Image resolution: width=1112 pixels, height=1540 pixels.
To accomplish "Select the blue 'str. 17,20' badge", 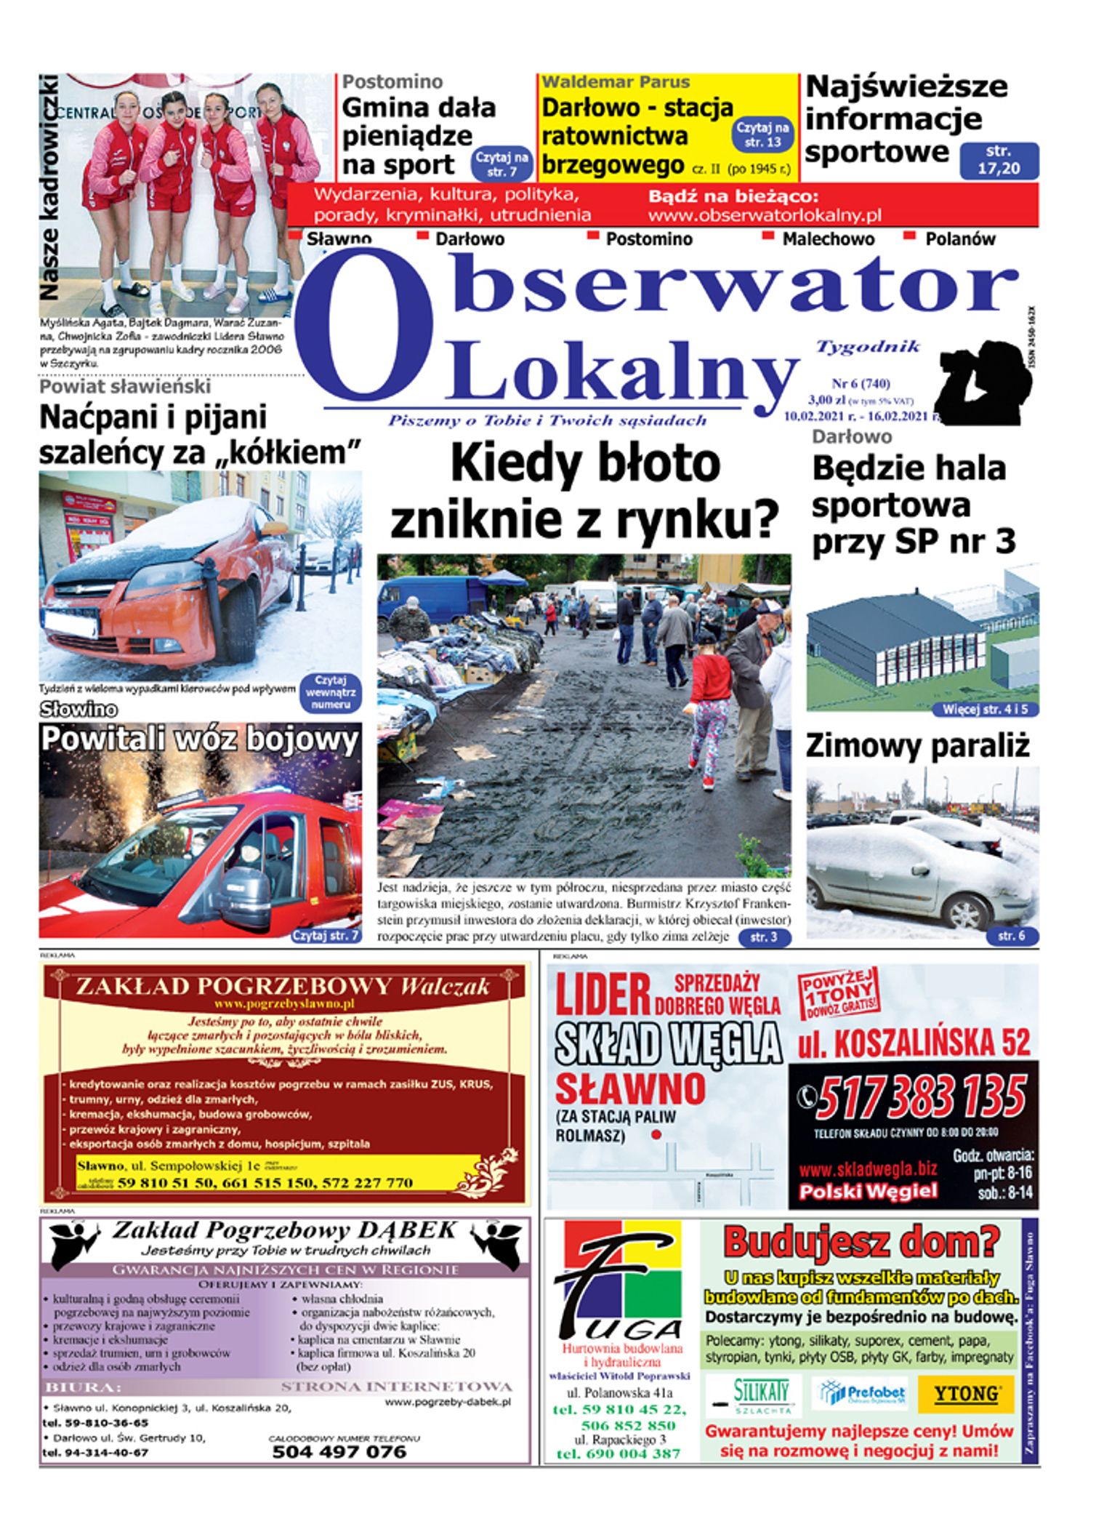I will click(999, 161).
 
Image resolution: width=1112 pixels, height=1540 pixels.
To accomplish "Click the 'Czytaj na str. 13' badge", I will click(762, 135).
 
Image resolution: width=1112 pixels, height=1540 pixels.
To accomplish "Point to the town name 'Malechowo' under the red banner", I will click(828, 239).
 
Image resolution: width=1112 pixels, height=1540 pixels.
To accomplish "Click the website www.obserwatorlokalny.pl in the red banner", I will click(764, 215).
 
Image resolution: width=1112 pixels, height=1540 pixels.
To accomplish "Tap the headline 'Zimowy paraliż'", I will click(917, 746).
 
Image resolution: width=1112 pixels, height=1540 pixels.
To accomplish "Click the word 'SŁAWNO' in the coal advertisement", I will click(630, 1088).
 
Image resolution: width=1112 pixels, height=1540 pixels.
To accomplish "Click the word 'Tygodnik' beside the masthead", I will click(868, 346).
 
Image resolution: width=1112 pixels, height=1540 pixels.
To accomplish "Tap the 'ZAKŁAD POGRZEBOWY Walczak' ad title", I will click(283, 987).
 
